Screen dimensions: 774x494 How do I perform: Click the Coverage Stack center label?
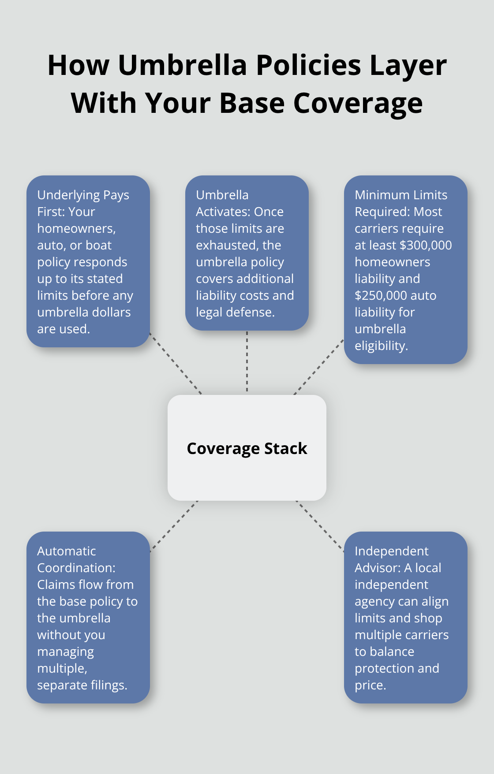247,448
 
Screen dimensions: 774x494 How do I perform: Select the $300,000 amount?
425,245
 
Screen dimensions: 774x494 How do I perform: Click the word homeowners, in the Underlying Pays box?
76,228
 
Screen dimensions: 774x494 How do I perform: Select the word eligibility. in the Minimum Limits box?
381,346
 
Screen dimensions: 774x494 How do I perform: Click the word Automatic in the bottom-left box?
67,551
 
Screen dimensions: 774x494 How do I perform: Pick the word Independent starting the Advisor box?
391,551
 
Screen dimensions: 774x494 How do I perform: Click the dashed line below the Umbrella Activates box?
247,361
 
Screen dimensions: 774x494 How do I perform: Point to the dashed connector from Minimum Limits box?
318,367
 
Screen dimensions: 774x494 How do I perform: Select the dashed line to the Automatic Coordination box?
174,526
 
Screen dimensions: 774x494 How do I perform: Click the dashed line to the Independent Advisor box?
320,526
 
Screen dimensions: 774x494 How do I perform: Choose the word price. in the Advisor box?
370,685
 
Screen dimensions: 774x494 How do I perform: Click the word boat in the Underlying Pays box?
99,245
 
